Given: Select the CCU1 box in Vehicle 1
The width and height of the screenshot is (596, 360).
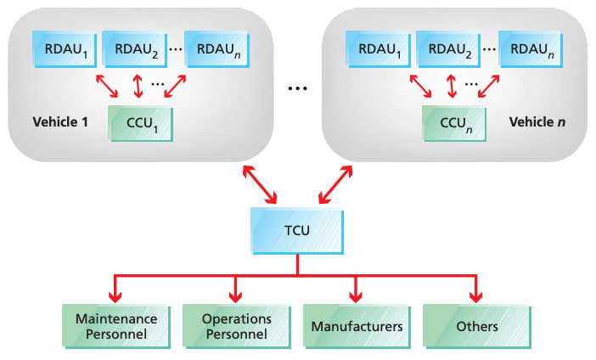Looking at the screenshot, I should (141, 124).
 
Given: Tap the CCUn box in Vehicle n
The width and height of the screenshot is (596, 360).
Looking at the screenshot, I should (453, 124).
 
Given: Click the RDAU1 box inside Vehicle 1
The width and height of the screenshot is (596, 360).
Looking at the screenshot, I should (65, 49).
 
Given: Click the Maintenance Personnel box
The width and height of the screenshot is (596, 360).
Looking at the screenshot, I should (116, 325).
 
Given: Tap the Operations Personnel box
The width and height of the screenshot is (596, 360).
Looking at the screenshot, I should (237, 325).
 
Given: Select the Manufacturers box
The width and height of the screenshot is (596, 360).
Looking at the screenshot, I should (357, 325).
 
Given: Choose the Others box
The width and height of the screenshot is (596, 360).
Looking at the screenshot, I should (476, 325).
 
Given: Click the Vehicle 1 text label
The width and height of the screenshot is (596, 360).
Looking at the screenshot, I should (60, 121).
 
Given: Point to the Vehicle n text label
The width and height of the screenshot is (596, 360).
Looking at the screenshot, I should (537, 121).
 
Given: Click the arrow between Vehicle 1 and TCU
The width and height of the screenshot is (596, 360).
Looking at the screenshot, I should (259, 186).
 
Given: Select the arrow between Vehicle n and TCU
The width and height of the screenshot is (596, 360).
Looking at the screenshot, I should (336, 186).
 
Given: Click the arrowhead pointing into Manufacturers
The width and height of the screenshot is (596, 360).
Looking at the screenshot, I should (357, 296).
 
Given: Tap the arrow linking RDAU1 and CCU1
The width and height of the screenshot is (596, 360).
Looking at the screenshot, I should (105, 86).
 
